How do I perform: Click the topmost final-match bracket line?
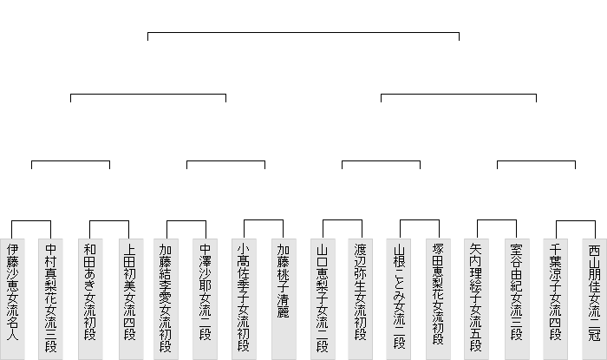[303, 33]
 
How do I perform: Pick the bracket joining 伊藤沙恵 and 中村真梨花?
[31, 222]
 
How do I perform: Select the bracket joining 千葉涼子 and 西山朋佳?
[574, 222]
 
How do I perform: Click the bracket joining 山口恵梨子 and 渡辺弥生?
[342, 222]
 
